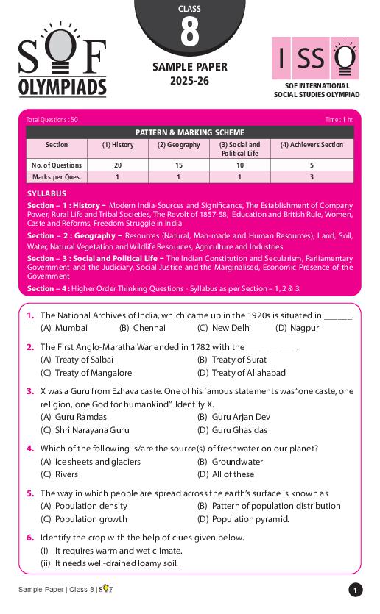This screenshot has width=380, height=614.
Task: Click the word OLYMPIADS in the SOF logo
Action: pyautogui.click(x=62, y=88)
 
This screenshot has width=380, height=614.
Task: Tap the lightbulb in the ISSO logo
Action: pyautogui.click(x=343, y=58)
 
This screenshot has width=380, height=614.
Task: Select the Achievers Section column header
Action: pyautogui.click(x=312, y=145)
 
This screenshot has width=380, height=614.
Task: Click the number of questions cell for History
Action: pyautogui.click(x=117, y=165)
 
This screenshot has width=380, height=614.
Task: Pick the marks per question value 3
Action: pyautogui.click(x=312, y=177)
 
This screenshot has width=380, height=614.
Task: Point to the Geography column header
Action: pyautogui.click(x=178, y=145)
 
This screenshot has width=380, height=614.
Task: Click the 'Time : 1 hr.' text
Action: pyautogui.click(x=339, y=119)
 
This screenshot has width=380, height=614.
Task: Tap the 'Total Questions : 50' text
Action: pyautogui.click(x=52, y=119)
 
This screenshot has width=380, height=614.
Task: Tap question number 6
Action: pyautogui.click(x=30, y=538)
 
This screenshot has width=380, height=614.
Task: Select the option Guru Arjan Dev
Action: pyautogui.click(x=233, y=417)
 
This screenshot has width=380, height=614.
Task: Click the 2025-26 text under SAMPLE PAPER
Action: pyautogui.click(x=189, y=81)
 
